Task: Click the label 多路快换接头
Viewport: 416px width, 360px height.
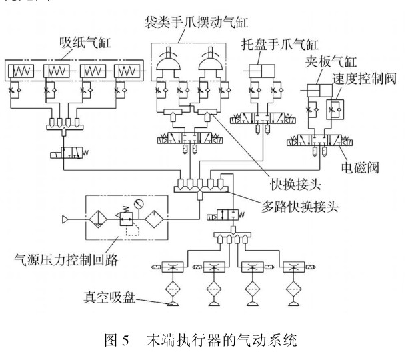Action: click(296, 207)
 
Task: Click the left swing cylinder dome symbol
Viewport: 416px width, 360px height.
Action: click(169, 67)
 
